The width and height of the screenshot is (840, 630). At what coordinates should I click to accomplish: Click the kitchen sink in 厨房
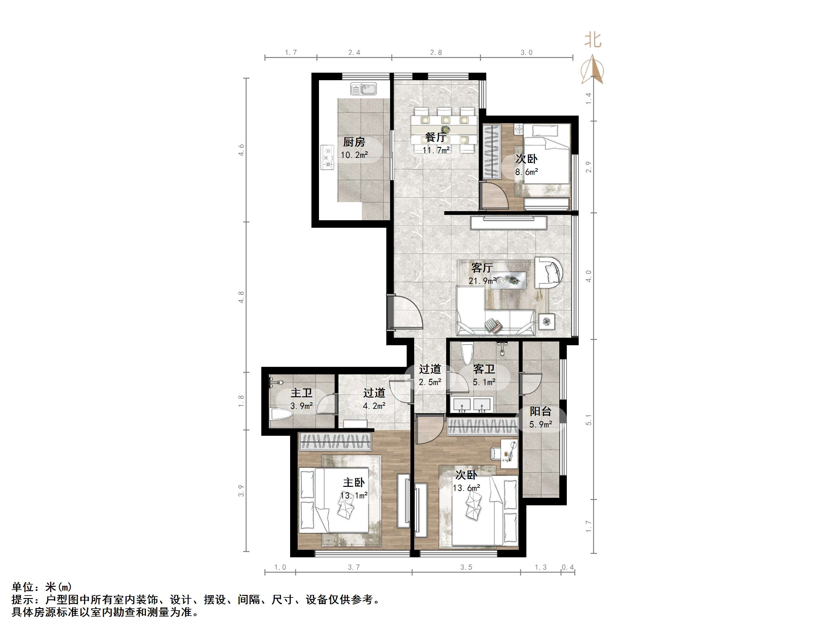click(363, 89)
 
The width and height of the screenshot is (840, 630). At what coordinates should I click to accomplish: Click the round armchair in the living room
click(548, 273)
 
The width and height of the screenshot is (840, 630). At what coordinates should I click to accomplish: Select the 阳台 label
click(540, 411)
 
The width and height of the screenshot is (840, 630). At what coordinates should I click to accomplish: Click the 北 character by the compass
click(592, 40)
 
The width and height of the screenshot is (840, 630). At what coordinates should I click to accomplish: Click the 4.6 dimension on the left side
click(241, 150)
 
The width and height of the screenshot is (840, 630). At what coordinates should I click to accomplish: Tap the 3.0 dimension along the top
click(526, 52)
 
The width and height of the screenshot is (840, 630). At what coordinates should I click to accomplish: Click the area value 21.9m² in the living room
click(482, 281)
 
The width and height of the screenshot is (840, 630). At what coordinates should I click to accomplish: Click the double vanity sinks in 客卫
click(472, 405)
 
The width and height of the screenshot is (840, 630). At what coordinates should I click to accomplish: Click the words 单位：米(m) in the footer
click(42, 587)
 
